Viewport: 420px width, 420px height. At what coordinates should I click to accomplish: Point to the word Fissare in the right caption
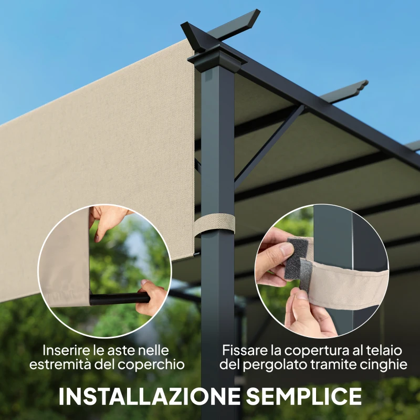[x=243, y=350]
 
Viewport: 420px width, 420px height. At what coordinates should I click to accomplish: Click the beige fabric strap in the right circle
[x=346, y=286]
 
